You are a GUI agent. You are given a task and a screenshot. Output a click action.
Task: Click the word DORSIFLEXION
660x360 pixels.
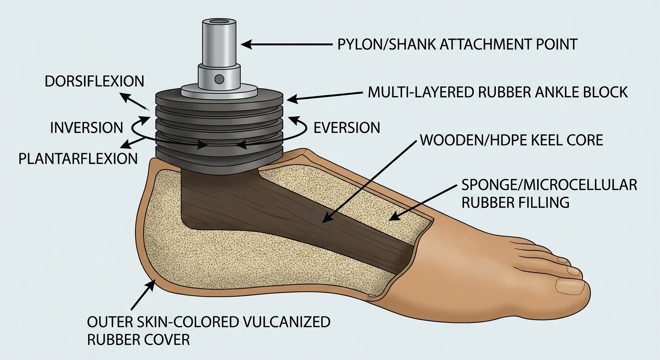tap(94, 81)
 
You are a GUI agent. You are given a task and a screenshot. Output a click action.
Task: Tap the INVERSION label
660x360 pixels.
tap(86, 128)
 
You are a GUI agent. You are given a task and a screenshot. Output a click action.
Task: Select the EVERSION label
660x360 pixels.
tap(347, 128)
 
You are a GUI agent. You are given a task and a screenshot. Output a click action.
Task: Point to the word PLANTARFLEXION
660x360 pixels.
tap(78, 159)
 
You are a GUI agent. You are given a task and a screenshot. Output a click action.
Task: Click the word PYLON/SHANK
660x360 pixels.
tap(386, 45)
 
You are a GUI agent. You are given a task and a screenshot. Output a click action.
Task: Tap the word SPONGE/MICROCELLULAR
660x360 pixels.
tap(549, 185)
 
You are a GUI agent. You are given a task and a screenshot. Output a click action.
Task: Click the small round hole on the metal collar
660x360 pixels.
tap(219, 79)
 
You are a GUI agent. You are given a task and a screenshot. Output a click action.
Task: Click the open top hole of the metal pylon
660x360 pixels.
tap(219, 22)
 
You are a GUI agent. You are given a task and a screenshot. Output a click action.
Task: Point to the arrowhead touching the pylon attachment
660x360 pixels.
tap(246, 45)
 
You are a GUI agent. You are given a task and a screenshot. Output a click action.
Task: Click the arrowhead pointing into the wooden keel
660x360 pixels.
tap(326, 218)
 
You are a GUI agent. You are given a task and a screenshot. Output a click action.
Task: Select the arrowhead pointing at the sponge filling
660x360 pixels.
tap(394, 217)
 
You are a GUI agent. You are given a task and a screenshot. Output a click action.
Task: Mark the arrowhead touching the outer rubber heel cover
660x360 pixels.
tap(151, 285)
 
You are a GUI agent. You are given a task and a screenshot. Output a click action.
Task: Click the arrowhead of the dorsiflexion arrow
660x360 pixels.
tap(126, 97)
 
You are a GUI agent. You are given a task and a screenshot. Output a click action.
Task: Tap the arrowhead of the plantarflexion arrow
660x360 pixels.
tap(126, 145)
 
